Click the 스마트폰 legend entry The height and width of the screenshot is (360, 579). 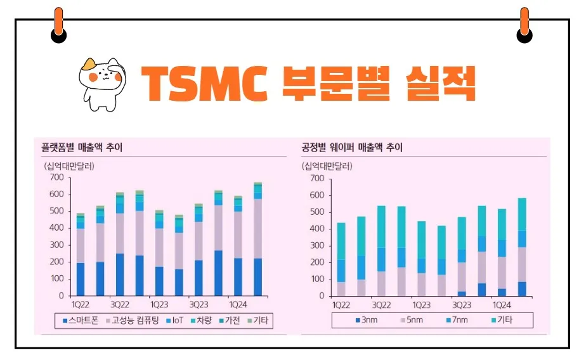click(x=81, y=321)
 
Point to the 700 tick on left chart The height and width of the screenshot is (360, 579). click(x=56, y=177)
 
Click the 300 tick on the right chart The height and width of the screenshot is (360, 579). click(x=318, y=245)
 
